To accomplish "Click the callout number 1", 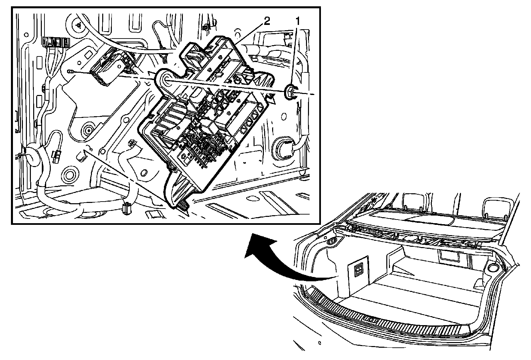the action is (298, 22).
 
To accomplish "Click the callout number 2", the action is (266, 22).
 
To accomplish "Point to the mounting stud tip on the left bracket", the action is (70, 71).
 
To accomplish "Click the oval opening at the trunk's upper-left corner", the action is (331, 241).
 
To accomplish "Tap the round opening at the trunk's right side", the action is (493, 268).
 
